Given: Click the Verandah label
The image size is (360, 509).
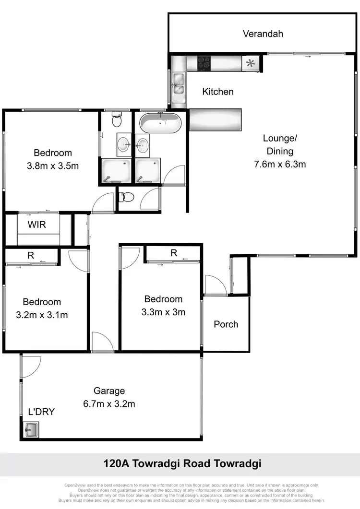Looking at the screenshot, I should (x=263, y=34).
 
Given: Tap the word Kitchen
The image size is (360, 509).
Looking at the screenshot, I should (x=218, y=92).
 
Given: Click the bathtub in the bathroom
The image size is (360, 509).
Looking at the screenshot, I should (x=160, y=123).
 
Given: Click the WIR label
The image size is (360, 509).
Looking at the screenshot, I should (x=37, y=224).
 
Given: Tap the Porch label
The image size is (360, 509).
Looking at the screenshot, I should (x=226, y=324).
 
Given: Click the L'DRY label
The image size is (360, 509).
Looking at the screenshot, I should (x=41, y=411).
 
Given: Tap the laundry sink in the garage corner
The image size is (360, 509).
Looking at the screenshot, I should (x=32, y=429).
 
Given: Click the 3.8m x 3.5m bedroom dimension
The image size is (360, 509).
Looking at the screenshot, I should (x=53, y=166).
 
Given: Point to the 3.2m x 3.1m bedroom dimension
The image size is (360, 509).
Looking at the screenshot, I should (x=42, y=315).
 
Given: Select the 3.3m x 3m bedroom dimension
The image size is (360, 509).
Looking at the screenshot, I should (x=163, y=312).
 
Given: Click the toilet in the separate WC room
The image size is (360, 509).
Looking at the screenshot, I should (x=127, y=197).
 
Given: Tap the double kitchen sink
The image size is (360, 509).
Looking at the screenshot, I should (x=179, y=83).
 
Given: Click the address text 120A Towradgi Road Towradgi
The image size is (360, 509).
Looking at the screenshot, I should (x=182, y=464).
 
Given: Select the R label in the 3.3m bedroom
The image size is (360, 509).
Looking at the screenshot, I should (x=173, y=253).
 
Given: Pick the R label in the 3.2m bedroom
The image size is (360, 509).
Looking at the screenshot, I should (x=31, y=256).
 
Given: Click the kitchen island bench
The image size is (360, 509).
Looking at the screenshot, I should (x=215, y=119).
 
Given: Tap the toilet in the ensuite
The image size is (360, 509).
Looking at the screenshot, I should (x=116, y=120).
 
